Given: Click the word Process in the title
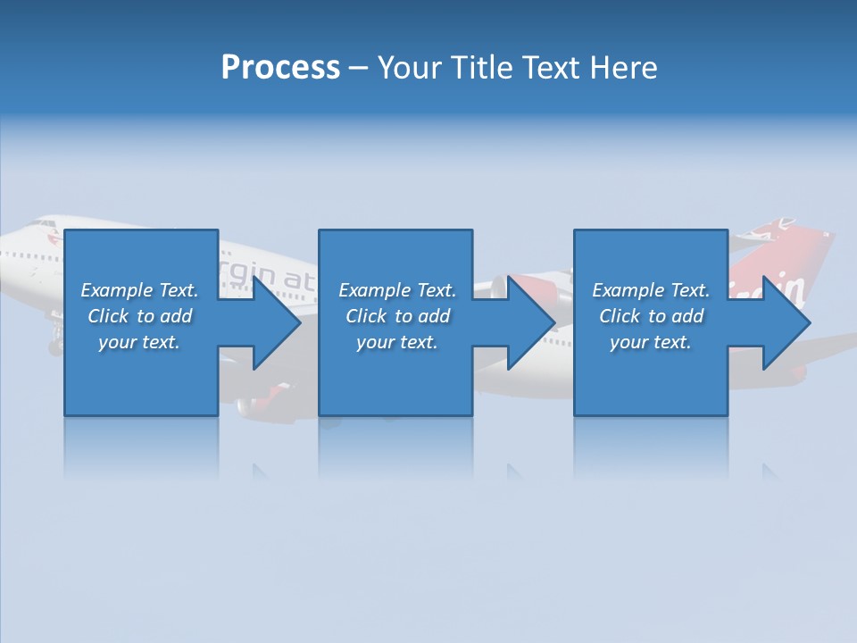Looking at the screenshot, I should click(x=280, y=68).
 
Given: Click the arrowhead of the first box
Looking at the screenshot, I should click(x=276, y=322).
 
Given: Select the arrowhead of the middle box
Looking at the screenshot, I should click(x=531, y=322).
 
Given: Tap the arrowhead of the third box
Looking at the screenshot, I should click(x=786, y=322).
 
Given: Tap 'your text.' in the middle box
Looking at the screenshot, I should click(x=397, y=342).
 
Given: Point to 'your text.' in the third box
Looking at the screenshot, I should click(x=651, y=342).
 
